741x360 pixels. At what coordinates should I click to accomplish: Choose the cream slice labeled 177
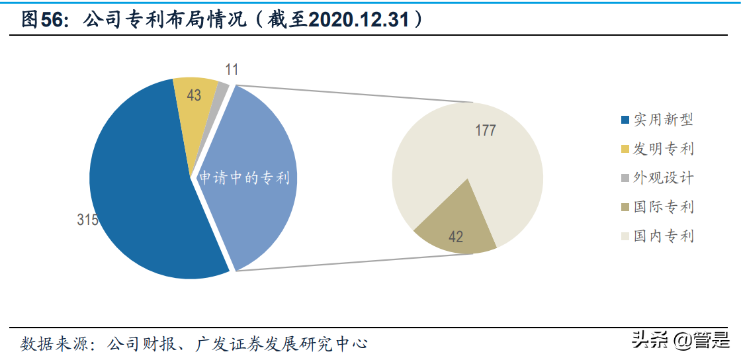point(490,159)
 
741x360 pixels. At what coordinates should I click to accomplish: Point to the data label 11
point(232,69)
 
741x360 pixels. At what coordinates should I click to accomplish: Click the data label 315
point(87,220)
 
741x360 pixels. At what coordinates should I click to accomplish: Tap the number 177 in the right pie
point(486,130)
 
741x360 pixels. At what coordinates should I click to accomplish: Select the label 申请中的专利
point(245,178)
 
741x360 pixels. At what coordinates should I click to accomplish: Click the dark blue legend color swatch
point(625,120)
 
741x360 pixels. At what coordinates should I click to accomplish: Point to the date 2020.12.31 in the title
point(360,21)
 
